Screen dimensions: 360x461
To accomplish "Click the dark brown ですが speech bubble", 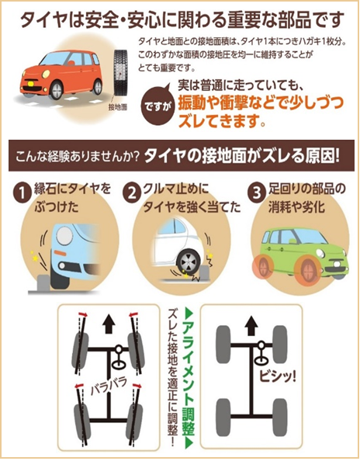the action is point(158,106).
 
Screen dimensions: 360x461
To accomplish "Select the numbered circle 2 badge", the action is point(131,194).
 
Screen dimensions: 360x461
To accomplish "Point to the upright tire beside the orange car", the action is point(120,73).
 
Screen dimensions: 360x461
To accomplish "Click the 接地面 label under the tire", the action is point(118,107).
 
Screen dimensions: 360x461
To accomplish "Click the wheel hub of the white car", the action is point(189,262).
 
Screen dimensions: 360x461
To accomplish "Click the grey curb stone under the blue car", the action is point(43,283).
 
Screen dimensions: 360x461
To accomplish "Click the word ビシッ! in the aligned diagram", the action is point(277,376).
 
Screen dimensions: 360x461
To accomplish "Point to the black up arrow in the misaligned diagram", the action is point(109,323).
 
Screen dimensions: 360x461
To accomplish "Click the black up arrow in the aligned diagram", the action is point(251,326).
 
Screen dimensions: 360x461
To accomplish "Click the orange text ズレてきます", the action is point(222,120).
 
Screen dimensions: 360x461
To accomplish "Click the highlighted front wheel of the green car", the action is point(307,269).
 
